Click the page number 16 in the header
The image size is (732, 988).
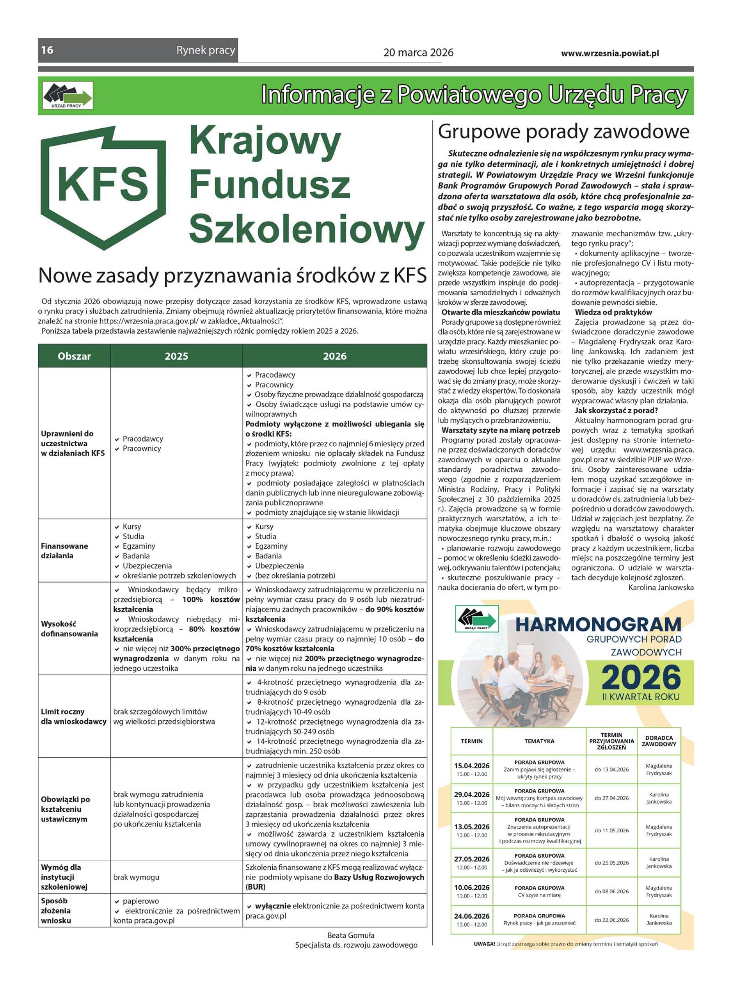click(x=47, y=50)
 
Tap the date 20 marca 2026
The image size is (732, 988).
click(x=418, y=53)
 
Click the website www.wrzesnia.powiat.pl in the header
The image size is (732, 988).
click(x=610, y=53)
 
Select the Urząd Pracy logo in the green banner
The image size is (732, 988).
click(x=68, y=96)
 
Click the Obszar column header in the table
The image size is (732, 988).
click(x=74, y=356)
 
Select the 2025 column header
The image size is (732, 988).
click(x=177, y=356)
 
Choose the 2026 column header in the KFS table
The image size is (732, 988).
click(x=334, y=356)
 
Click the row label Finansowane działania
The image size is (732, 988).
click(x=65, y=551)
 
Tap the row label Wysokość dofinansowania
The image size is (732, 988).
click(x=69, y=629)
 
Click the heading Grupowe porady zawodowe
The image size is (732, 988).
click(x=563, y=132)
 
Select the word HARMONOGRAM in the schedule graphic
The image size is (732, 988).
click(x=598, y=625)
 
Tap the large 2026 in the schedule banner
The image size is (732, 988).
click(x=641, y=677)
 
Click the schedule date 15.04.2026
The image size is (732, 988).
click(x=472, y=766)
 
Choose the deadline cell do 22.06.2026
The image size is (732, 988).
click(x=612, y=920)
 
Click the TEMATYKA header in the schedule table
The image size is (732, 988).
click(x=539, y=741)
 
